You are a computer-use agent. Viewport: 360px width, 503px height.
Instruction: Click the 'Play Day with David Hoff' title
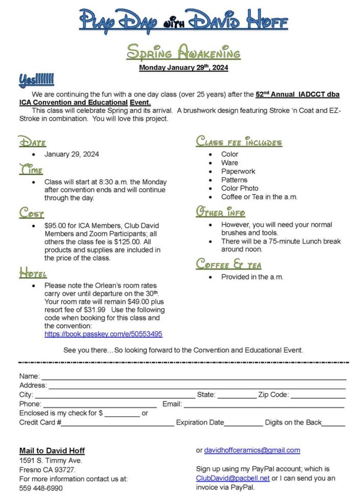tap(183, 21)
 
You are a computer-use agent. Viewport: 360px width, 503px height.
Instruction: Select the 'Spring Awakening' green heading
tap(183, 53)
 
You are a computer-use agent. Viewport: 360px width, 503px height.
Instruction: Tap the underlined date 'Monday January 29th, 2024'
tap(183, 67)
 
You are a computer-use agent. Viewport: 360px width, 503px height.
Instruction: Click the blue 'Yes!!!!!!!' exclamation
tap(36, 80)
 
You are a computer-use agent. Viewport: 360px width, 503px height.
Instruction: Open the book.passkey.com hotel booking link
tap(103, 334)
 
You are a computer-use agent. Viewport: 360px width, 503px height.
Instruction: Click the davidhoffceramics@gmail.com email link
tap(252, 450)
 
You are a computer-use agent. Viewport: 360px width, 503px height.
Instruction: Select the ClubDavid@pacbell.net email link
tap(232, 478)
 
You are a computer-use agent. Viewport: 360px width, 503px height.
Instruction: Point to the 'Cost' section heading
tap(32, 212)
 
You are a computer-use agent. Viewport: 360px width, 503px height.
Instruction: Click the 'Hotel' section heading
tap(33, 273)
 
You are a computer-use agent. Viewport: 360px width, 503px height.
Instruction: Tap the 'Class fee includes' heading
tap(238, 141)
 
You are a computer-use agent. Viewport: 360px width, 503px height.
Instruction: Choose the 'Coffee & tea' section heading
tap(229, 264)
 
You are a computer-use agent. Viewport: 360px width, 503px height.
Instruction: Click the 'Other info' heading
tap(221, 212)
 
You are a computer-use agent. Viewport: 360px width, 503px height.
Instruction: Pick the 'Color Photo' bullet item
tap(239, 188)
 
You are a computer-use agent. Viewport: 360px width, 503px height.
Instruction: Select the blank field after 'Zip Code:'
tap(318, 395)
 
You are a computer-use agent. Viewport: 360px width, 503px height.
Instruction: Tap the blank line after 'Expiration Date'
tap(244, 423)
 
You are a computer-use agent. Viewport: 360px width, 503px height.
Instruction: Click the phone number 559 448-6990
tap(41, 488)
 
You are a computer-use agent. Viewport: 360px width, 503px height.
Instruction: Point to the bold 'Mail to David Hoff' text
tap(52, 450)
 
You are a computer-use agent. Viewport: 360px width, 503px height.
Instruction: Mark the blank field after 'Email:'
tap(263, 404)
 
